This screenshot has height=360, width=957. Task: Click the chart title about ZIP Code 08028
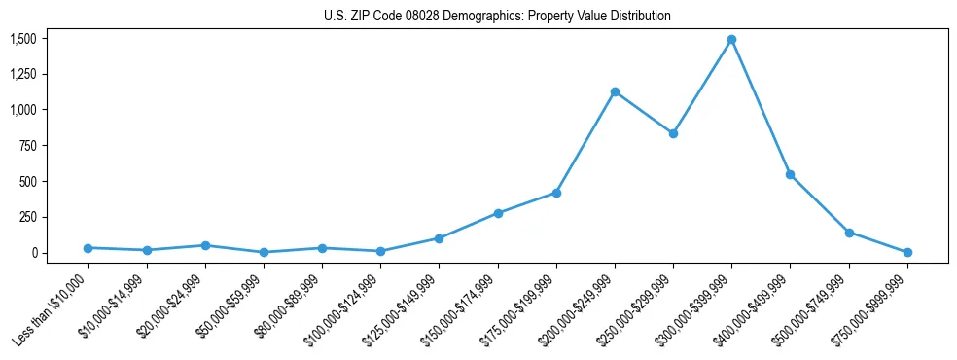coord(497,17)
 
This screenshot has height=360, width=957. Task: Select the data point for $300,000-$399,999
coord(731,40)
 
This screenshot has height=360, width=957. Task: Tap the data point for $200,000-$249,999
coord(615,92)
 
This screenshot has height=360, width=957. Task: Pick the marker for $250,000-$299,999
coord(673,133)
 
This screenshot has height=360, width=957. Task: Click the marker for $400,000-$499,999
coord(791,175)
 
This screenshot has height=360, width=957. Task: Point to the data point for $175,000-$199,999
coord(556,193)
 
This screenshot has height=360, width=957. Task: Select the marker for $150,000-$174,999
coord(498,213)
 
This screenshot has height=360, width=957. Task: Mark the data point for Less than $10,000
coord(89,248)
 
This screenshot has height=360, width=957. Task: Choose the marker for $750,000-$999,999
coord(907,252)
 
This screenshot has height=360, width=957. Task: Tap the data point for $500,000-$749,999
coord(849,233)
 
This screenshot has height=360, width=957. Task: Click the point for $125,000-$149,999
coord(440,238)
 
